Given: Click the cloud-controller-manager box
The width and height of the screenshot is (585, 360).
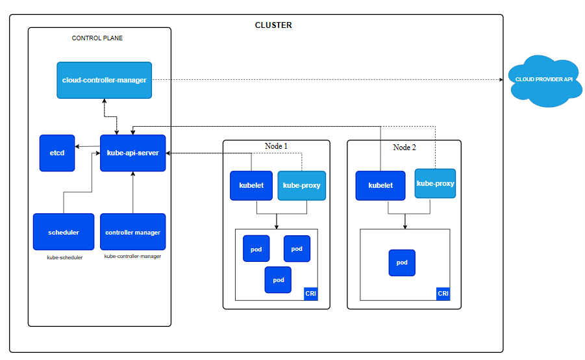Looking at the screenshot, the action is coord(104,81).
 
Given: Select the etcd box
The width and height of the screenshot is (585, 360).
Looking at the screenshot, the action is coord(57,153).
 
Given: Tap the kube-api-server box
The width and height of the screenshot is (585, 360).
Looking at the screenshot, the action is coord(133,153).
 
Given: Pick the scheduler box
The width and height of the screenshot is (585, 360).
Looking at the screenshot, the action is coord(64,232).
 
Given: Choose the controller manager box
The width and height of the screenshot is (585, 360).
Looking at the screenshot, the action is coord(133,232).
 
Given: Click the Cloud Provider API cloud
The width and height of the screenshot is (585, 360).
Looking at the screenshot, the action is coord(545,81).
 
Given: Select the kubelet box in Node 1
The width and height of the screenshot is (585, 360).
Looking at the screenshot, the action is coord(251,186).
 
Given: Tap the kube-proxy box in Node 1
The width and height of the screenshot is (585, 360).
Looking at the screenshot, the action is coord(301,186).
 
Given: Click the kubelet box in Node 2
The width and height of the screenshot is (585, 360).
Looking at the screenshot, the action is coord(380,186).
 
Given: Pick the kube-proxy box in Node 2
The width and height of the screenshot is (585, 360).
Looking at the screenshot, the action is coord(435,183).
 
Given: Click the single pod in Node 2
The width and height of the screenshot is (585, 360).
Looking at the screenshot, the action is coord(402,263).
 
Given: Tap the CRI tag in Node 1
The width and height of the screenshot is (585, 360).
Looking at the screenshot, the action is coord(311,294).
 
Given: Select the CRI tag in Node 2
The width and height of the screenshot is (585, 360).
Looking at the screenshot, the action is coord(443,294).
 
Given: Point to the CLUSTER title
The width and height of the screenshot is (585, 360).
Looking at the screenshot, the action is coord(273,25).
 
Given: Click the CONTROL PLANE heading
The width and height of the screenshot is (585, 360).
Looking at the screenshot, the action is coord(97,38).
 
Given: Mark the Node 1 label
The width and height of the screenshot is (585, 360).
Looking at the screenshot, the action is coord(276,146).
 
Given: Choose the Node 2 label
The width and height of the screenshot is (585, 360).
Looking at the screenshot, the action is coord(405,148).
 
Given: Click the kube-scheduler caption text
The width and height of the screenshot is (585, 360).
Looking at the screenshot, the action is coord(64,258).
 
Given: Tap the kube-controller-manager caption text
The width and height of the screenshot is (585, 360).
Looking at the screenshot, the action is coord(132,256).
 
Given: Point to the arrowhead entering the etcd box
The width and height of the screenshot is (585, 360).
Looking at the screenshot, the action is coord(77,147).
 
